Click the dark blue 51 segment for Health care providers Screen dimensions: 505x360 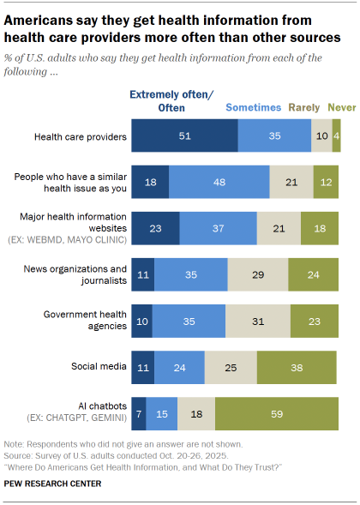(184, 135)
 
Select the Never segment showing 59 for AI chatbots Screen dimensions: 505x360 (277, 412)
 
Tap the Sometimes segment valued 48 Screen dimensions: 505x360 (219, 182)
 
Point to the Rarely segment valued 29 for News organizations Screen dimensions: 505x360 (257, 274)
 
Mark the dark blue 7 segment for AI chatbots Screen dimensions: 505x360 (139, 412)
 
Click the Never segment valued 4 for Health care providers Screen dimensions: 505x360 (336, 135)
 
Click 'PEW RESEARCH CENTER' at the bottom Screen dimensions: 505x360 (53, 484)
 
